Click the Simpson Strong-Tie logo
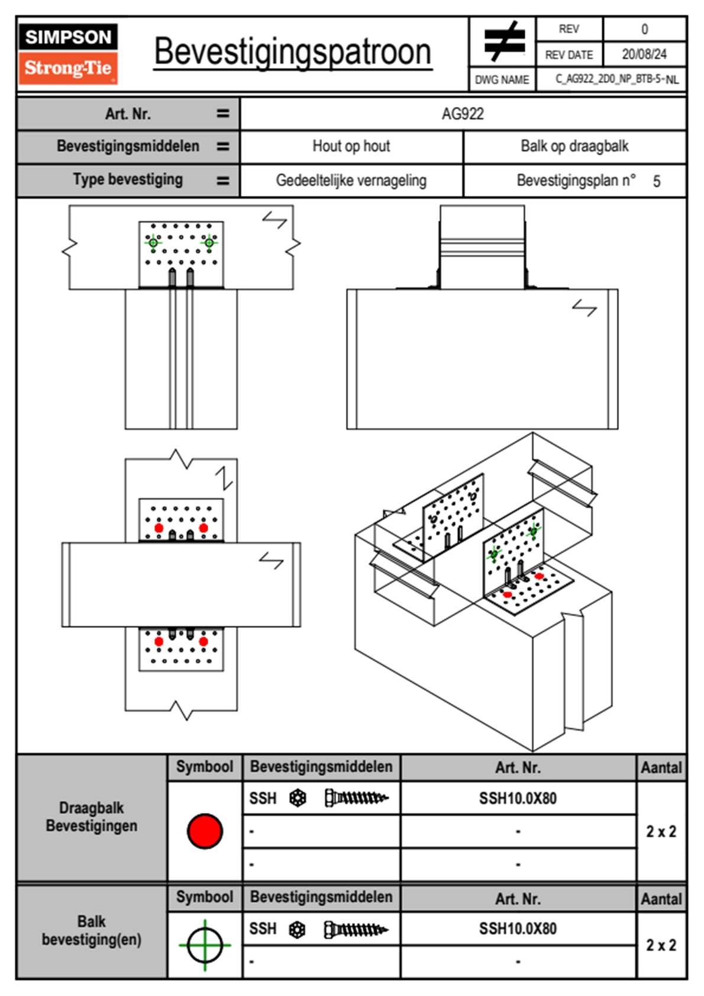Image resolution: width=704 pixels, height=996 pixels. tap(68, 53)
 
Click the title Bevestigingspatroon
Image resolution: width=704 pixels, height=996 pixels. tap(292, 52)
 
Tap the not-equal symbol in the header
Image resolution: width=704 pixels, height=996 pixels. tap(503, 41)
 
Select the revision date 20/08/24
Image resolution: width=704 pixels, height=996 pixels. tap(644, 54)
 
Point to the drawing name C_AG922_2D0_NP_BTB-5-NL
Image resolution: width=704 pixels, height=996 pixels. tap(616, 79)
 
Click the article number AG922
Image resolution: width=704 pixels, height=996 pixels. tap(463, 114)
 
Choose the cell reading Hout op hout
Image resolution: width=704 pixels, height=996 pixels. tap(351, 146)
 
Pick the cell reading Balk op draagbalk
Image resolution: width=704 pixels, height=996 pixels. tap(574, 146)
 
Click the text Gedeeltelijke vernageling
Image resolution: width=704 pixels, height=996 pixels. tap(351, 181)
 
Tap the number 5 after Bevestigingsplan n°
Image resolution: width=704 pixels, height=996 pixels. tap(657, 181)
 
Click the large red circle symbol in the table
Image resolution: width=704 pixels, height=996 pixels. tap(205, 831)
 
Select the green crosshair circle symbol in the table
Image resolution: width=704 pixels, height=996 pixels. tap(205, 945)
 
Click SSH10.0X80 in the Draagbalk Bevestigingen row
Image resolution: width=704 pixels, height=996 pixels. tap(518, 798)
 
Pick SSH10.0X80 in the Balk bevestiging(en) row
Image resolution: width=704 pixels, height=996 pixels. tap(518, 928)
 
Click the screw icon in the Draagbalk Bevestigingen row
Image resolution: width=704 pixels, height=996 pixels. tap(356, 798)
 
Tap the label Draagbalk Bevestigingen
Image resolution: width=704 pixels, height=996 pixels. tap(92, 817)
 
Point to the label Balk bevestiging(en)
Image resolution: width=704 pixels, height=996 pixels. tap(92, 930)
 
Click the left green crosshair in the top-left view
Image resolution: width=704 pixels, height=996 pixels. tap(153, 242)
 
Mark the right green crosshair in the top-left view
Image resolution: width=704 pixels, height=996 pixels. tap(209, 242)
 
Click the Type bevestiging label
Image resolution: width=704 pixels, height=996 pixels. tap(128, 179)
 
